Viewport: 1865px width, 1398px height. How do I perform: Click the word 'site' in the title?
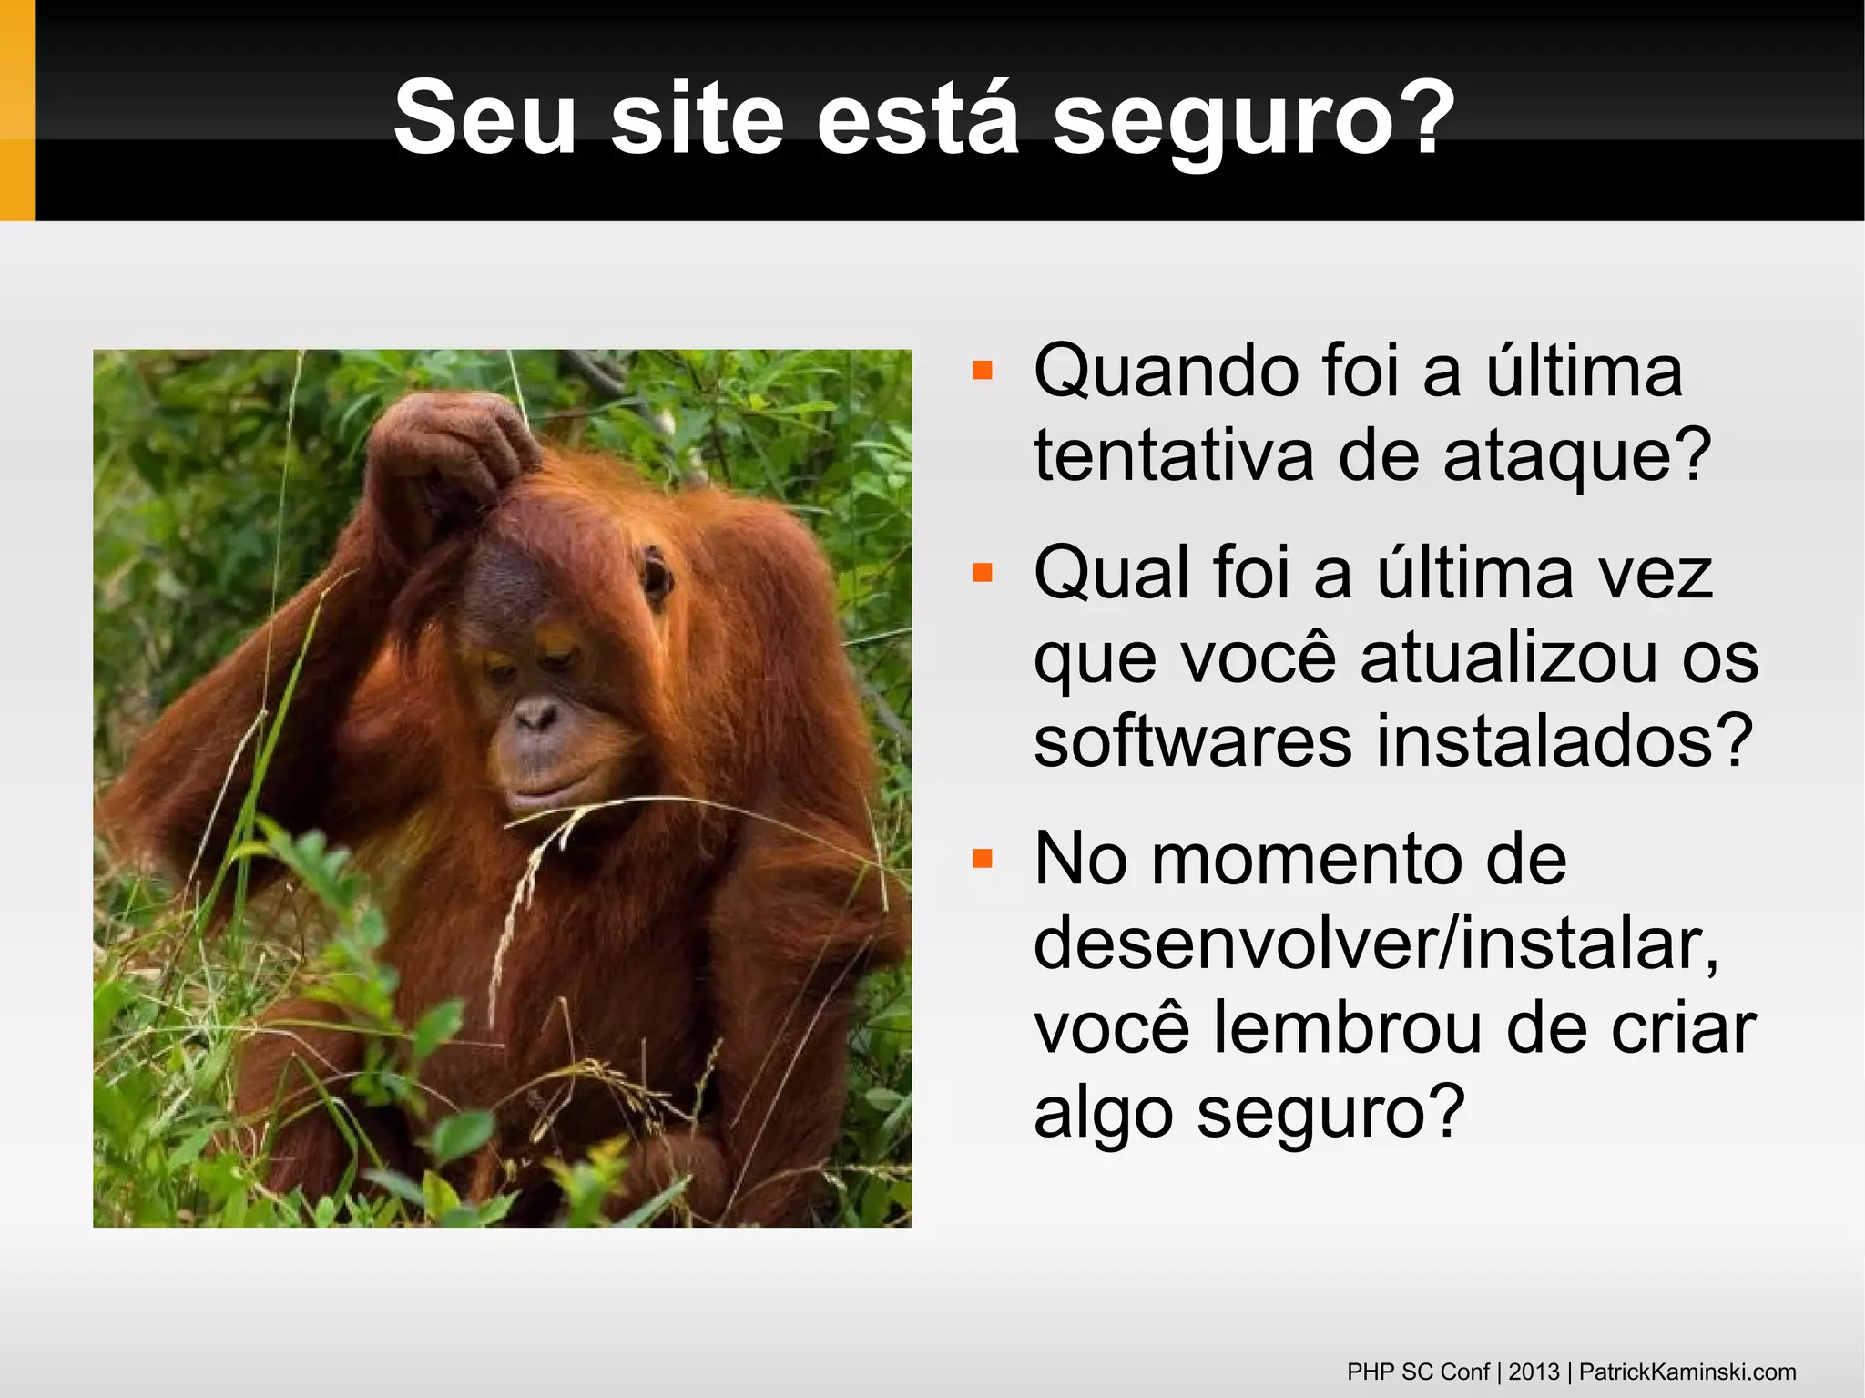pos(697,119)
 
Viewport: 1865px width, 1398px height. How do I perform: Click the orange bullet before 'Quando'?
pos(982,370)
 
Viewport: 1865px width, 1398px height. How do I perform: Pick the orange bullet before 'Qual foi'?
pos(982,572)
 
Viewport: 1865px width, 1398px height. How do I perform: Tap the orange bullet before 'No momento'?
pos(982,858)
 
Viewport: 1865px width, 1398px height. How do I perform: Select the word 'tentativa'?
pos(1174,455)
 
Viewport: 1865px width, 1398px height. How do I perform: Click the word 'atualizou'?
pos(1508,658)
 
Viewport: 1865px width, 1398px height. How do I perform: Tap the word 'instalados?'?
pos(1564,741)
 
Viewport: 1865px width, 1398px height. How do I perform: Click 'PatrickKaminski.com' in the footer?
pos(1687,1372)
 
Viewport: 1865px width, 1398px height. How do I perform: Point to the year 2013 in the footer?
pos(1534,1372)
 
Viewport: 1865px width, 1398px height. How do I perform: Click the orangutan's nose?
pos(535,715)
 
